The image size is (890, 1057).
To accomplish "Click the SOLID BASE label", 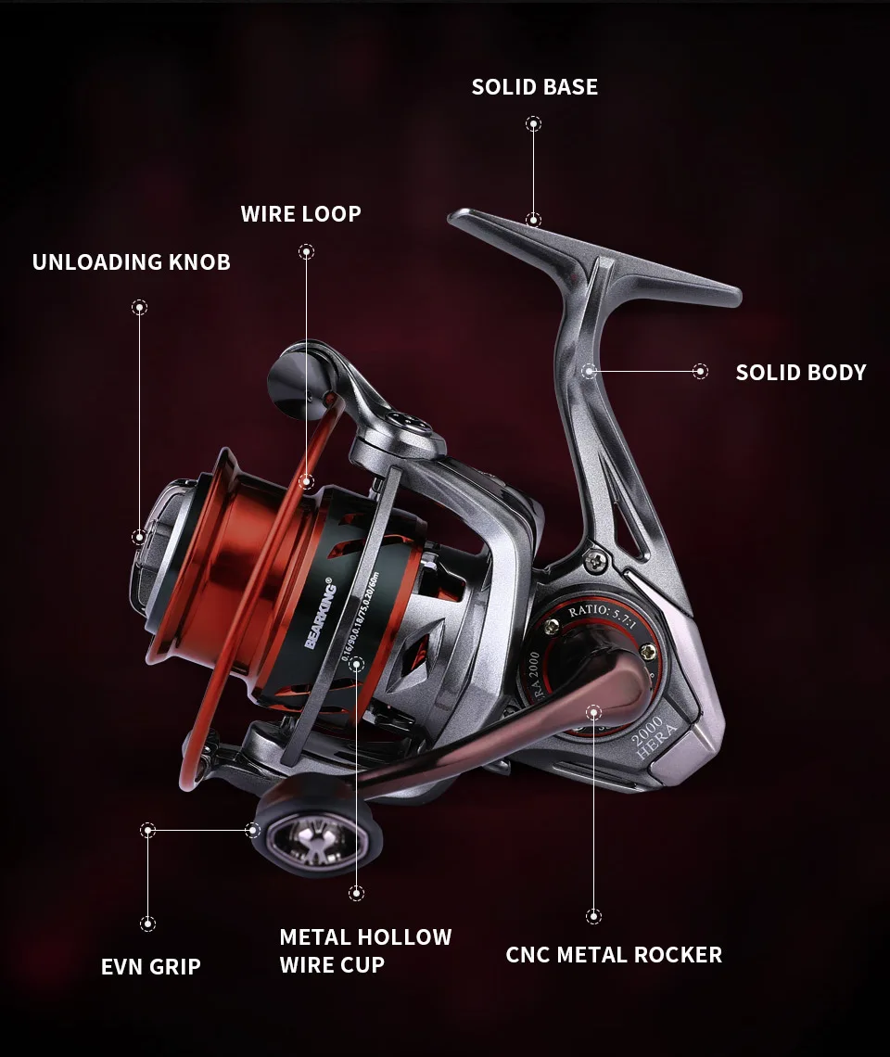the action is click(534, 87).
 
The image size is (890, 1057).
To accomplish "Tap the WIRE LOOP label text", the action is click(300, 214).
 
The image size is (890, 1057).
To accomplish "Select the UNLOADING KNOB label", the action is click(131, 262).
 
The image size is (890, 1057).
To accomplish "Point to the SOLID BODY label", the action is click(800, 373).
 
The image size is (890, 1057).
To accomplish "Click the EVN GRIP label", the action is click(150, 967).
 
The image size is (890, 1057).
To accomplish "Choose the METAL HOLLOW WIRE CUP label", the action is click(365, 950).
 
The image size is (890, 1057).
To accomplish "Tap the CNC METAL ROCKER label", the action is click(613, 955).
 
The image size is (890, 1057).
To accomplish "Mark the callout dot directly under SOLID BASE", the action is click(533, 123).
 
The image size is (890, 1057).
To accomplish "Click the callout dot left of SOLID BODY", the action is click(700, 372).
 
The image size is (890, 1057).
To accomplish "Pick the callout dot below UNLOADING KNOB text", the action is click(139, 307).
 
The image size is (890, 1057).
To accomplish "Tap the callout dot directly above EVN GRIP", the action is click(147, 923).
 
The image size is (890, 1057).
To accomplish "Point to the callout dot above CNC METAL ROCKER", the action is click(593, 916).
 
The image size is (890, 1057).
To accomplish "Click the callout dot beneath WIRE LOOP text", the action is click(306, 251).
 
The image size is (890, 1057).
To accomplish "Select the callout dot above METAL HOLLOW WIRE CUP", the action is click(356, 893).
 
